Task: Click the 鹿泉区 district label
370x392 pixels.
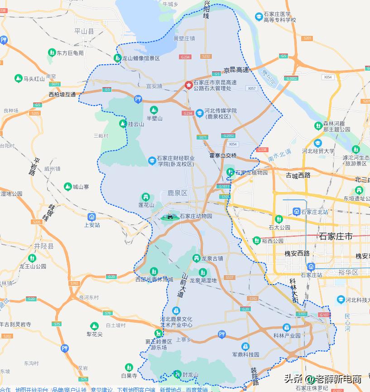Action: click(178, 193)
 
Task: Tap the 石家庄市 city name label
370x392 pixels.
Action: click(336, 236)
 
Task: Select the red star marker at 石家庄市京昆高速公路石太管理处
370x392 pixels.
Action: click(188, 85)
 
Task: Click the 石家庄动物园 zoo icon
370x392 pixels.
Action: click(170, 217)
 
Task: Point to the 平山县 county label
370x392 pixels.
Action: click(84, 31)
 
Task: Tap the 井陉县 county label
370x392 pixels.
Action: click(43, 247)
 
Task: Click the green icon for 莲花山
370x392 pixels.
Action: click(145, 197)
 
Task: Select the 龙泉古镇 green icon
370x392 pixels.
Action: click(197, 258)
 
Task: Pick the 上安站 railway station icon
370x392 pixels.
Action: click(92, 217)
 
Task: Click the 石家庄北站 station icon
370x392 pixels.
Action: click(297, 211)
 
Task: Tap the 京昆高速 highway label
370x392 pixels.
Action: click(236, 70)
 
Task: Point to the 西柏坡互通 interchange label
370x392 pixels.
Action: click(62, 95)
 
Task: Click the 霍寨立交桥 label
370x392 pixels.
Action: click(223, 155)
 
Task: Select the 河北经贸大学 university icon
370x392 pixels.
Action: click(318, 143)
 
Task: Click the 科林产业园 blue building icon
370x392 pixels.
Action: click(286, 328)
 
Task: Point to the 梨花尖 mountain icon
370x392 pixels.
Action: click(94, 326)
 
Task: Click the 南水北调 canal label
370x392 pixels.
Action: click(279, 155)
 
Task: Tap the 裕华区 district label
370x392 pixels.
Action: click(348, 272)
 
